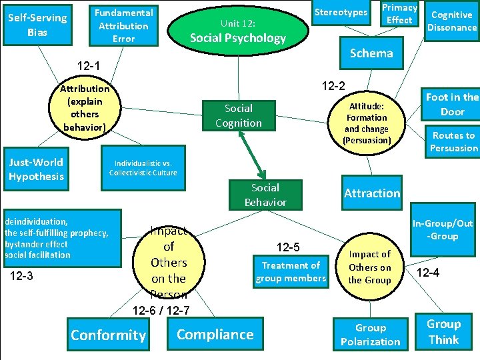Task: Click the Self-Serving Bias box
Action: (x=37, y=25)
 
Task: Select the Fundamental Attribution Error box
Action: (x=123, y=25)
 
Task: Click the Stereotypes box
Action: (x=341, y=13)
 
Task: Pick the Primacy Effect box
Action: (x=399, y=14)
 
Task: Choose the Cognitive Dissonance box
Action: (x=452, y=21)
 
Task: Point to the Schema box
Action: (x=371, y=53)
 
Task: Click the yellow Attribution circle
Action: (x=85, y=108)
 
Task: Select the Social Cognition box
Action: (x=238, y=115)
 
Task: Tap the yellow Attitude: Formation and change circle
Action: (x=366, y=123)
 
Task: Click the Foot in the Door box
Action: (x=451, y=104)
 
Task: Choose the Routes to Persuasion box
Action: (x=453, y=141)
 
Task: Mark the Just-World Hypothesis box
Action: (x=37, y=169)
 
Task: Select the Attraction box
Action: (x=371, y=193)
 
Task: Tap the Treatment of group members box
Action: (x=291, y=272)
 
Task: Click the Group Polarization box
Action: (x=370, y=335)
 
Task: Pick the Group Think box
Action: (x=443, y=332)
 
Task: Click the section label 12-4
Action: (x=432, y=272)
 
